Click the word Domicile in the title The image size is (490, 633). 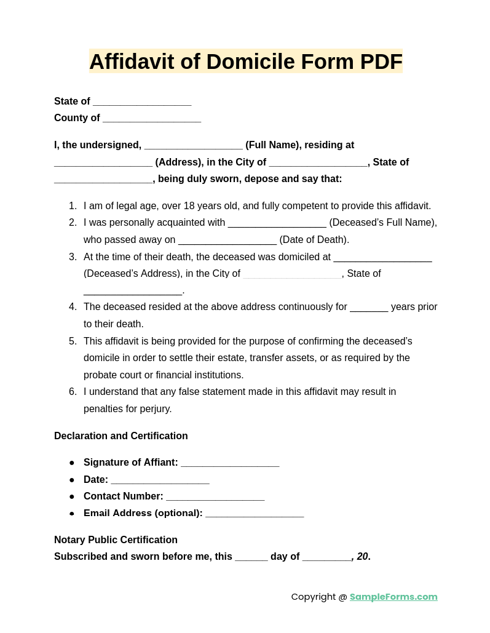click(x=250, y=62)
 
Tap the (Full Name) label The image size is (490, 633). click(x=273, y=145)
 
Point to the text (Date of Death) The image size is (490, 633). click(x=314, y=240)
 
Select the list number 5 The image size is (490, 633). click(x=73, y=341)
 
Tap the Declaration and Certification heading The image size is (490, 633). click(x=121, y=436)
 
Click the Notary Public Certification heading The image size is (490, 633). click(x=116, y=540)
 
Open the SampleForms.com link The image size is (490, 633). click(x=393, y=597)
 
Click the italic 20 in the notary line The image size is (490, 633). click(x=362, y=557)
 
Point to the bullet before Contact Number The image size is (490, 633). click(x=72, y=496)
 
